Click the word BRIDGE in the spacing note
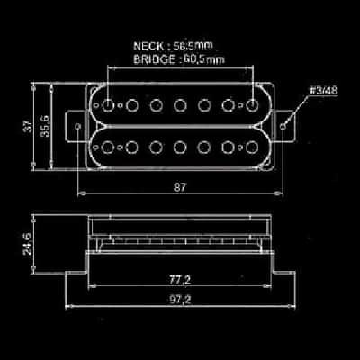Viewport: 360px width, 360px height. (x=155, y=59)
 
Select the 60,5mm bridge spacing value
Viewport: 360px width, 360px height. (x=203, y=59)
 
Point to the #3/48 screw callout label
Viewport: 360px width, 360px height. (x=324, y=91)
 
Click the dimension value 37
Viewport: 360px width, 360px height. (x=28, y=126)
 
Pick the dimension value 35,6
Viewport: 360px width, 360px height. (x=45, y=126)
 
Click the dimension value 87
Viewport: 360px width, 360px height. (x=180, y=187)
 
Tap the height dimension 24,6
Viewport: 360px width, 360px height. (x=28, y=244)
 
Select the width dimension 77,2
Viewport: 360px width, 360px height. (x=180, y=280)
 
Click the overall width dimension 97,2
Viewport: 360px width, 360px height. (x=180, y=300)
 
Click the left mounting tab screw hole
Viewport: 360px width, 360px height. (x=78, y=126)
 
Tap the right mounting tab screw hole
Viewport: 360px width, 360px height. (x=283, y=126)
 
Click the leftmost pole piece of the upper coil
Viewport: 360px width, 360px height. (x=107, y=105)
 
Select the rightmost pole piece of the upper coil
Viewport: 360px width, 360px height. (x=252, y=105)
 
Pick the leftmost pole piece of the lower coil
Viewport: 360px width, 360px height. (x=107, y=148)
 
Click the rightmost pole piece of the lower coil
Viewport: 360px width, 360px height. (x=252, y=148)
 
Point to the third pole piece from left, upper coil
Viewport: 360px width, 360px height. (x=156, y=105)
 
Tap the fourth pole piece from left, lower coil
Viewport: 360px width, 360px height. (x=180, y=148)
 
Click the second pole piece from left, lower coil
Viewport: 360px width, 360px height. (x=131, y=148)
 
